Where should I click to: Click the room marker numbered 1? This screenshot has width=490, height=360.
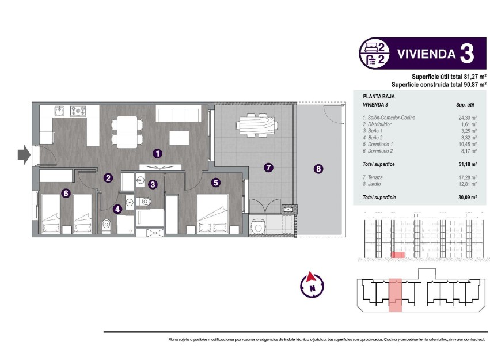[x=157, y=153]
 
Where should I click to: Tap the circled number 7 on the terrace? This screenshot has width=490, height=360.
[x=268, y=168]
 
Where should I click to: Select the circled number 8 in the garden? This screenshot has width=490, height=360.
[x=318, y=169]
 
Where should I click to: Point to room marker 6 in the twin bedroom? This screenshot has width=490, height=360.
[x=66, y=194]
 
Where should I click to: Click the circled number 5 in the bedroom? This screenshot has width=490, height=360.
[x=215, y=183]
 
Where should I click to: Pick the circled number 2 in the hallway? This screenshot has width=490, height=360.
[x=108, y=178]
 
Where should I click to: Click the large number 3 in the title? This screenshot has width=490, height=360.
[x=467, y=55]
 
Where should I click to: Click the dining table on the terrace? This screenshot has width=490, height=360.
[x=252, y=123]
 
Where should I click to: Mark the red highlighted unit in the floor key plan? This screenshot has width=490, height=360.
[x=395, y=295]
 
